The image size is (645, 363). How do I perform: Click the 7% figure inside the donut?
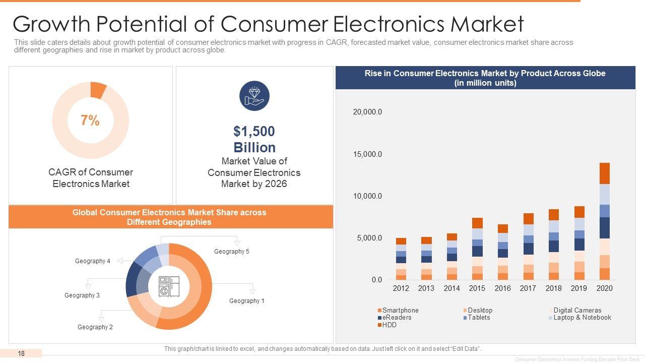point(90,120)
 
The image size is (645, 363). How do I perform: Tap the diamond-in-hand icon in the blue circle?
point(254,96)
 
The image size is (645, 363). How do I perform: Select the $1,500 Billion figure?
point(254,140)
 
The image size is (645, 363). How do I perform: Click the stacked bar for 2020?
point(605,221)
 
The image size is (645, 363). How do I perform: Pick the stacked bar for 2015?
point(477,249)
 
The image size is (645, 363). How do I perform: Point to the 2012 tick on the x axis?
point(401,288)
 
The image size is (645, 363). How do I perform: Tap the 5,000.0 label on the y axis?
point(369,238)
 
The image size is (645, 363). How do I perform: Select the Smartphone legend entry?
point(400,310)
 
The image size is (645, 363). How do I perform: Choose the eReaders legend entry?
point(397,318)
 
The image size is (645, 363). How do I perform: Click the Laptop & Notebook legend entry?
point(582,318)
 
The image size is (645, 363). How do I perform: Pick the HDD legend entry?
point(389,325)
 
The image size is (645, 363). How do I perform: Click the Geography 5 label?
point(232,252)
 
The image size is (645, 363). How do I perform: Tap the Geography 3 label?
point(82,295)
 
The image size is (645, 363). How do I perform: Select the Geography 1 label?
point(247,301)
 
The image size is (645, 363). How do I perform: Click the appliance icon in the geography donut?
point(169,286)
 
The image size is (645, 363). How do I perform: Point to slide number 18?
point(21,353)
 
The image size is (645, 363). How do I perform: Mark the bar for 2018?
point(554,245)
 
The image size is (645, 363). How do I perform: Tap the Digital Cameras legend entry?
point(577,310)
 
